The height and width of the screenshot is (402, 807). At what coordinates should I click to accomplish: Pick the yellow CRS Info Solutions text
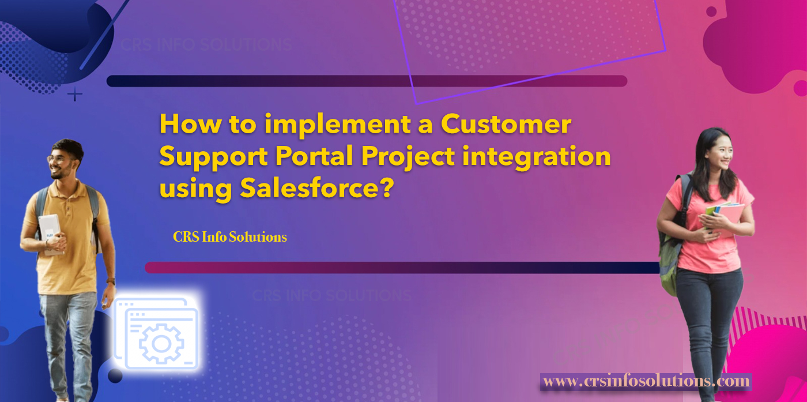[x=229, y=237]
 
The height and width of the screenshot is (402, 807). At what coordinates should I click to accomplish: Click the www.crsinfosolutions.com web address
[x=646, y=381]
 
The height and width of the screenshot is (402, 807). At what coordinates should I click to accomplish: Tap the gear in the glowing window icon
[x=161, y=343]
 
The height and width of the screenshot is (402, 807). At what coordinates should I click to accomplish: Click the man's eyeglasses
[x=56, y=159]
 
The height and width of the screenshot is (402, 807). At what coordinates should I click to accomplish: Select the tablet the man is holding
[x=51, y=233]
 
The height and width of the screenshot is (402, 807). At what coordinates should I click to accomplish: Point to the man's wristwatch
[x=111, y=281]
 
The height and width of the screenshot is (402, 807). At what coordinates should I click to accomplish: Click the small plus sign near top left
[x=75, y=95]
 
